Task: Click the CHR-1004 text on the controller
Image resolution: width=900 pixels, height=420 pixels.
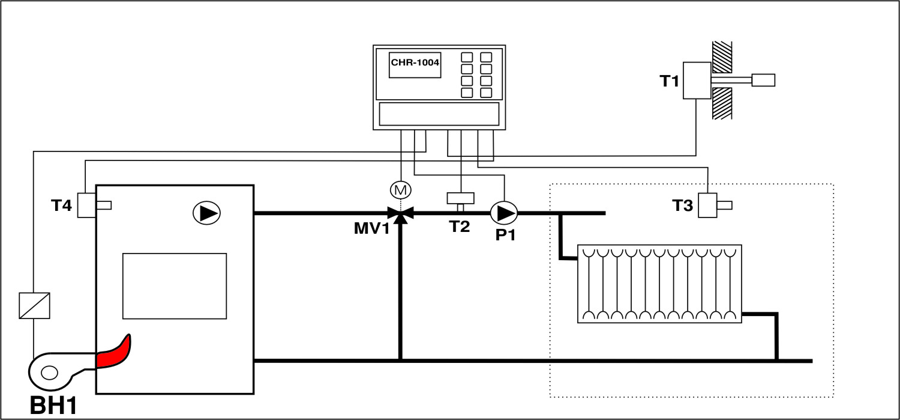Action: tap(415, 62)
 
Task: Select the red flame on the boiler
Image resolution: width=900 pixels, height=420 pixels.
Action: tap(114, 354)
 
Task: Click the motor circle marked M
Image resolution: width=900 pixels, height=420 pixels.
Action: tap(400, 190)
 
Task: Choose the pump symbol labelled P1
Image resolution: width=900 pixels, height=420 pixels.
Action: tap(504, 213)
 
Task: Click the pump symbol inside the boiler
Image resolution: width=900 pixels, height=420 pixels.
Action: tap(206, 213)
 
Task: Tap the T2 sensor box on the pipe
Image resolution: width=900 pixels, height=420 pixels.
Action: tap(460, 198)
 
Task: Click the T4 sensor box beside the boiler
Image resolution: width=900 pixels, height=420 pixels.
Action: tap(88, 205)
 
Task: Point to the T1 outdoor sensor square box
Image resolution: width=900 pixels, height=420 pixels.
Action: tap(697, 81)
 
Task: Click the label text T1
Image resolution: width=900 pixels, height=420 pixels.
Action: tap(670, 81)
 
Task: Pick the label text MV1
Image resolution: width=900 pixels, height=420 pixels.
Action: tap(371, 229)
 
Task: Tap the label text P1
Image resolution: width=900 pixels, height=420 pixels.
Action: tap(505, 235)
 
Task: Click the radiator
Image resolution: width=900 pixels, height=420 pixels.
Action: tap(659, 284)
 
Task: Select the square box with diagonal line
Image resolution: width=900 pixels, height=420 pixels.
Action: tap(34, 305)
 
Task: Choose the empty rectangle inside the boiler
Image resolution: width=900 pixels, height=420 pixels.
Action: tap(175, 286)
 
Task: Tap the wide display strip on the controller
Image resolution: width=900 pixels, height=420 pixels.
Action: tap(439, 114)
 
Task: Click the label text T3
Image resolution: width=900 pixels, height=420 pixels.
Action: tap(682, 206)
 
